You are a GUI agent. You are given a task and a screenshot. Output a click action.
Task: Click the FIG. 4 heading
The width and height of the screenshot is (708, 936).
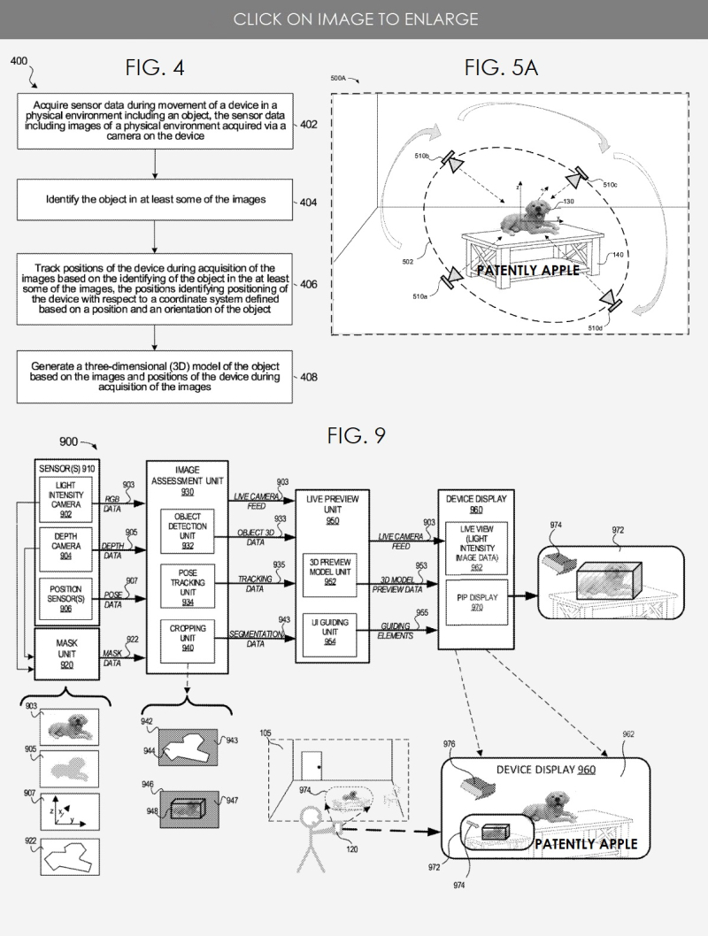tap(156, 68)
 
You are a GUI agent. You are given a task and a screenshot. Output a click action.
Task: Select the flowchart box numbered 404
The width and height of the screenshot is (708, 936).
tap(155, 200)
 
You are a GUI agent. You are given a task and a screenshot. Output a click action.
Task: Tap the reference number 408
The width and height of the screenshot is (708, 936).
tap(309, 377)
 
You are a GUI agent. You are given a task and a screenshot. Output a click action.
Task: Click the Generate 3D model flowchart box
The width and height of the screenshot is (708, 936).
tap(155, 376)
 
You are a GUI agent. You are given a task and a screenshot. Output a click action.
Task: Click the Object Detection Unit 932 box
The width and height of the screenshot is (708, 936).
tap(188, 529)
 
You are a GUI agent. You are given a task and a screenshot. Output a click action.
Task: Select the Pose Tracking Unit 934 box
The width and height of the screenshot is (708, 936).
tap(188, 583)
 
